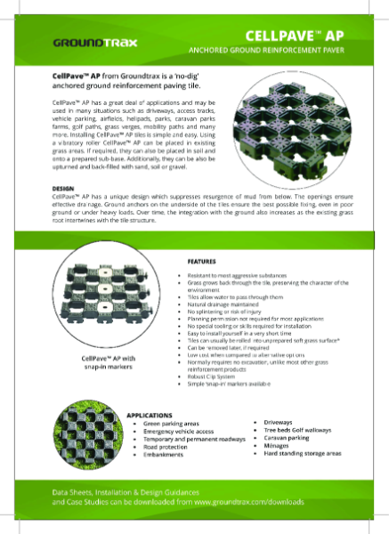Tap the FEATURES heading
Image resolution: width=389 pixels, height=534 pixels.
(x=201, y=262)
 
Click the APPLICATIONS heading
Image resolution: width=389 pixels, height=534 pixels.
(x=149, y=415)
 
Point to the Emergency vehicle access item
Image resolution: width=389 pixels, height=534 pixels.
(x=182, y=433)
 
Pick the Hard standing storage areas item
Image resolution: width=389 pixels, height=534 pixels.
(x=304, y=453)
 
